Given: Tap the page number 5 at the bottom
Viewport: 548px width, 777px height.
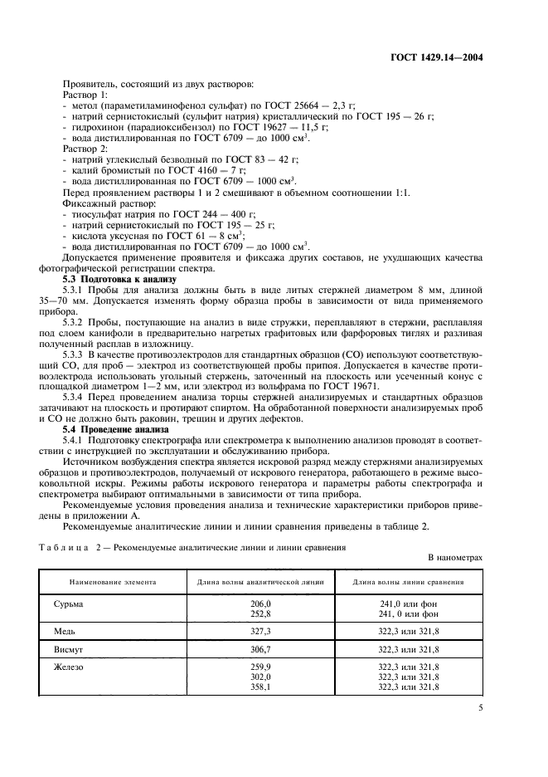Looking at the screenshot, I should click(481, 707).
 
